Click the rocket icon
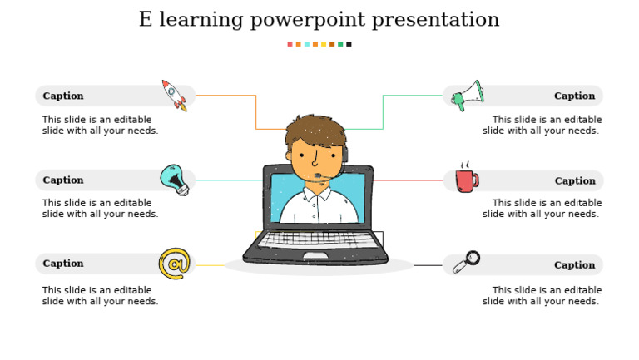click(175, 95)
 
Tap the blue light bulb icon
click(174, 180)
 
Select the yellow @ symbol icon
click(174, 264)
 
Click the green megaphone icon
click(466, 96)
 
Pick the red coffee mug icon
click(466, 179)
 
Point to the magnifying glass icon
click(466, 262)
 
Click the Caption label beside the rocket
click(63, 96)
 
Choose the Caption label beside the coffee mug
click(575, 180)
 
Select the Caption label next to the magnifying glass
click(575, 265)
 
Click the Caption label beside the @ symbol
click(63, 264)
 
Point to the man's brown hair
click(315, 131)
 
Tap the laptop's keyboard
click(315, 239)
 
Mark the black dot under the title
click(349, 44)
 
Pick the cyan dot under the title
click(306, 44)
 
